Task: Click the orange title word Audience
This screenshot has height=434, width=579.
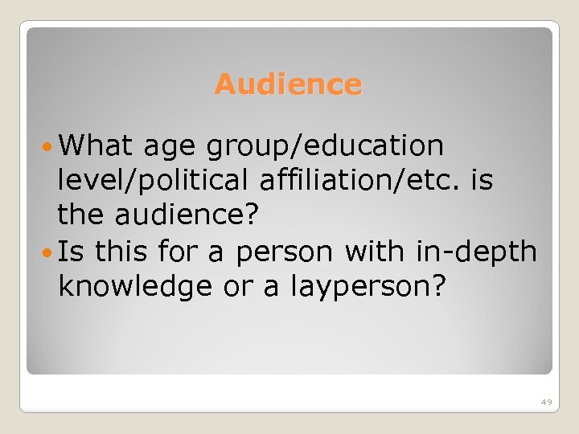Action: (x=288, y=84)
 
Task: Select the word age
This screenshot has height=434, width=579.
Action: (x=171, y=146)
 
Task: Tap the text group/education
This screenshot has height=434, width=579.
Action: (x=325, y=146)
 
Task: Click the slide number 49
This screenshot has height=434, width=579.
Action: (x=546, y=401)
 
